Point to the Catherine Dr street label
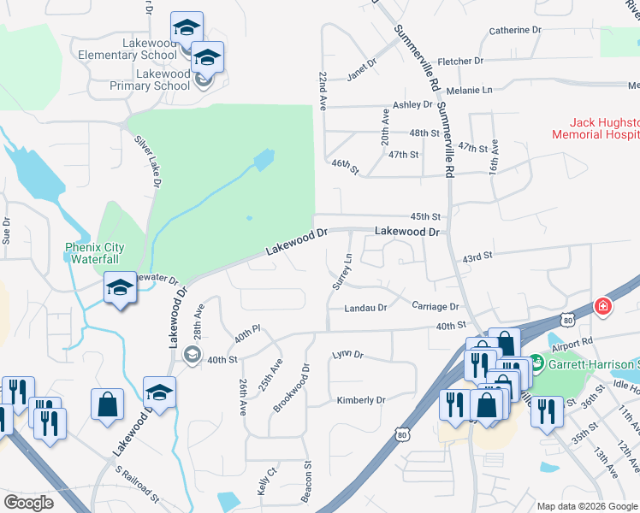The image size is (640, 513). (x=515, y=30)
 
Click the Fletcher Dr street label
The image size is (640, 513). (x=460, y=62)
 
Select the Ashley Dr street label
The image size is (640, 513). (x=412, y=105)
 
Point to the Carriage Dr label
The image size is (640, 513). (x=435, y=306)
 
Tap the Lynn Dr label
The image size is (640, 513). (x=347, y=354)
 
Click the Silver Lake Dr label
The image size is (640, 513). (x=146, y=163)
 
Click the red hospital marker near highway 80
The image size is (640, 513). (x=602, y=306)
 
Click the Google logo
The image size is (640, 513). (x=28, y=503)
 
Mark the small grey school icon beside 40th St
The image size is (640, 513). (x=193, y=355)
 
